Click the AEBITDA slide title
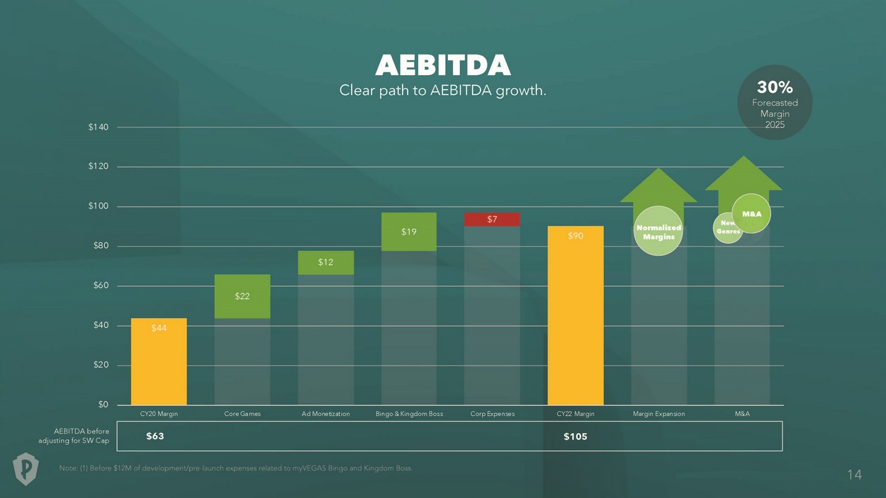443,66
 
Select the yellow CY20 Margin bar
159,361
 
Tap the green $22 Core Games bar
242,296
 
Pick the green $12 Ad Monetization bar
325,262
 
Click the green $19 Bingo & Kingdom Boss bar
409,232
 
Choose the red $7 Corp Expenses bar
492,219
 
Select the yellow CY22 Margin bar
576,315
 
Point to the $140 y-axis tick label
99,128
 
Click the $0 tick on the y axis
102,405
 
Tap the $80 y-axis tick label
101,247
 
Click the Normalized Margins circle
658,231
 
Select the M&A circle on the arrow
751,213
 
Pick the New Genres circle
727,228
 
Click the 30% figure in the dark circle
775,87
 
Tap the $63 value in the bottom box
155,436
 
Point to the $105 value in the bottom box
575,436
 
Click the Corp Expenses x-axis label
492,414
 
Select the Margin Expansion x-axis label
658,414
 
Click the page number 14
854,475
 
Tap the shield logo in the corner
26,469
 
